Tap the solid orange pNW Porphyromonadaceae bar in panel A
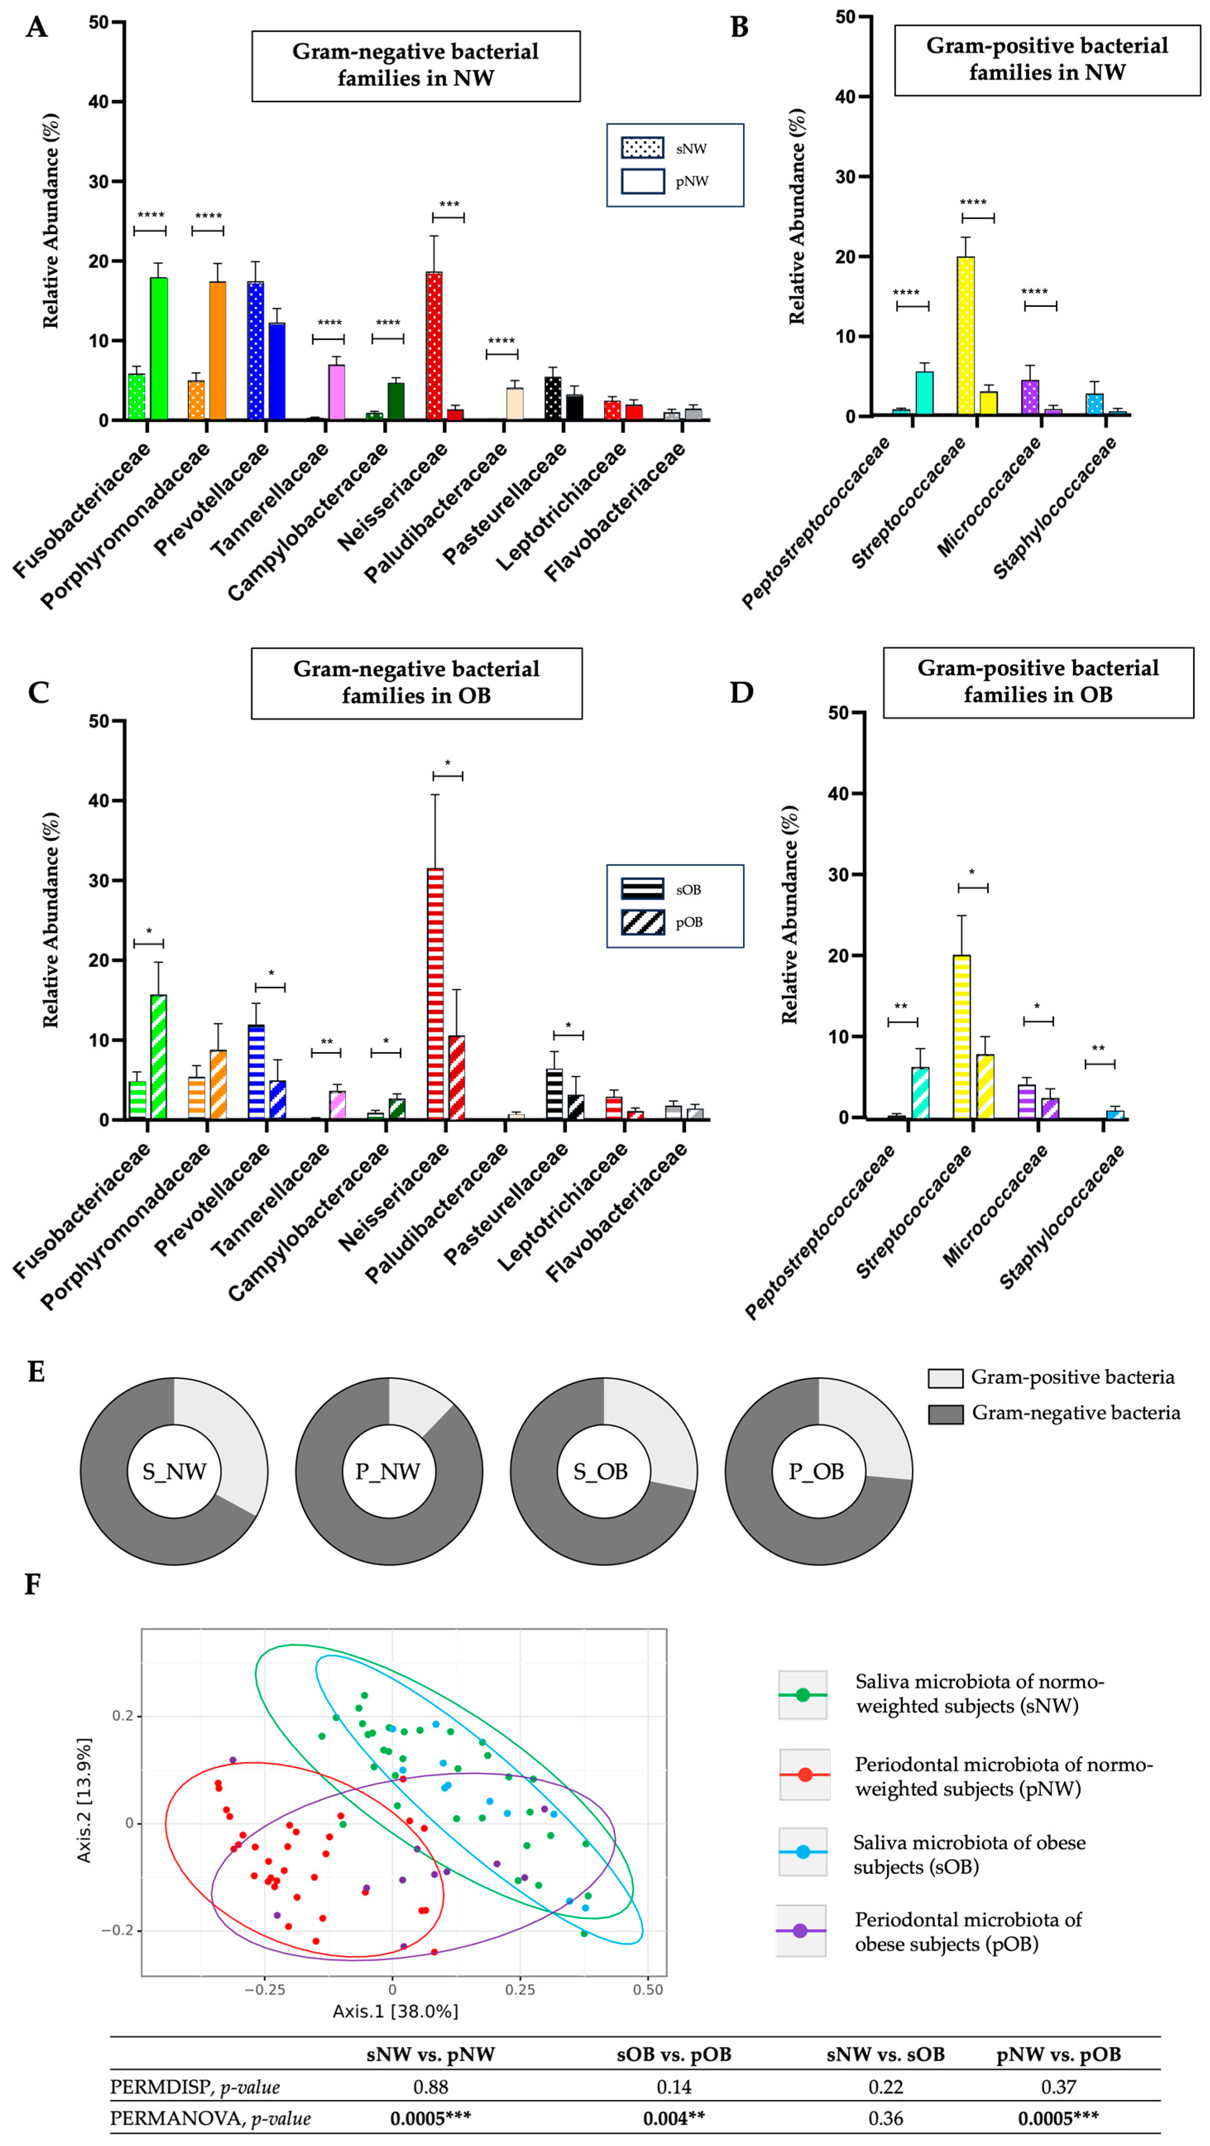(218, 350)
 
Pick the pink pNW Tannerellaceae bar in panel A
(337, 392)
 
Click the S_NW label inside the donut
(174, 1471)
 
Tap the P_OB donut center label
(816, 1471)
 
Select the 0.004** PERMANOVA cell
(674, 2118)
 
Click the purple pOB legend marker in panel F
(800, 1930)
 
